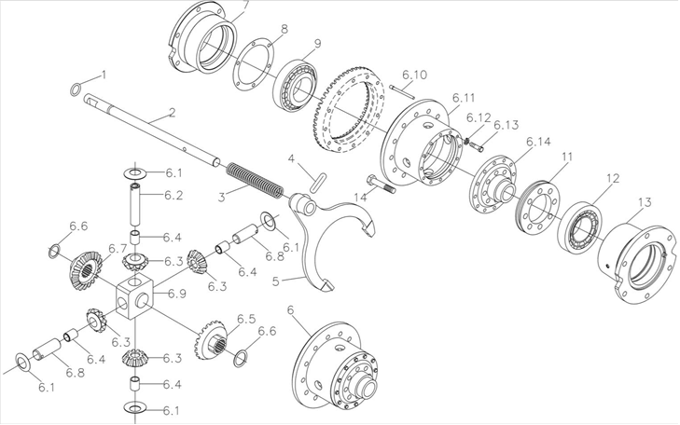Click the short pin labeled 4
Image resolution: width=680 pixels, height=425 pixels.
point(317,179)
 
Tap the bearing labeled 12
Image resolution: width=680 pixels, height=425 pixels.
point(579,226)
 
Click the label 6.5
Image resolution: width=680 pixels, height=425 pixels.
point(245,319)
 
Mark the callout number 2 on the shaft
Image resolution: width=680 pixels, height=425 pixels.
point(172,114)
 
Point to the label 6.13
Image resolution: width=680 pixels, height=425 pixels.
point(507,125)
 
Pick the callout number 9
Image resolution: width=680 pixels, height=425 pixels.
point(317,44)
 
